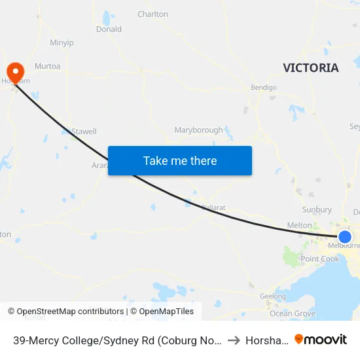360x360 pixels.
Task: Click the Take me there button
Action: (x=180, y=160)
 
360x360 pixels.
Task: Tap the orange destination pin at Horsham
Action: (x=14, y=71)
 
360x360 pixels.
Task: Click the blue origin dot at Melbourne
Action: (x=345, y=236)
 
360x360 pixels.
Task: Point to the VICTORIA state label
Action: (x=311, y=68)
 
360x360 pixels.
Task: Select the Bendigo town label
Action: (x=264, y=87)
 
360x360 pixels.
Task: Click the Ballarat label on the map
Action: (x=213, y=207)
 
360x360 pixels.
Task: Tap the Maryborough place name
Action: (x=198, y=130)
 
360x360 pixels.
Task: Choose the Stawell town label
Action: (x=84, y=132)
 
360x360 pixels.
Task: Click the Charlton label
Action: (x=153, y=14)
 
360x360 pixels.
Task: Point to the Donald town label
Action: (x=109, y=29)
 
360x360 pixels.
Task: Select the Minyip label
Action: (x=62, y=43)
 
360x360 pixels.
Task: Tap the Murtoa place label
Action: (x=47, y=66)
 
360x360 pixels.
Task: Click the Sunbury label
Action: (x=317, y=210)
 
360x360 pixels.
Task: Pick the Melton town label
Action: (x=300, y=225)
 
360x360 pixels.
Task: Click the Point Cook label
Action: (x=320, y=259)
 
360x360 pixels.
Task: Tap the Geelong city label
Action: (x=273, y=297)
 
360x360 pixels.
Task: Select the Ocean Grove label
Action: (x=293, y=314)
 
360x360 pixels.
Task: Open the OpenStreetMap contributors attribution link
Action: (x=70, y=312)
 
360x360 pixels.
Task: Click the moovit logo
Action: (x=321, y=340)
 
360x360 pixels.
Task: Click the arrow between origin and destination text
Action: (x=233, y=340)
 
